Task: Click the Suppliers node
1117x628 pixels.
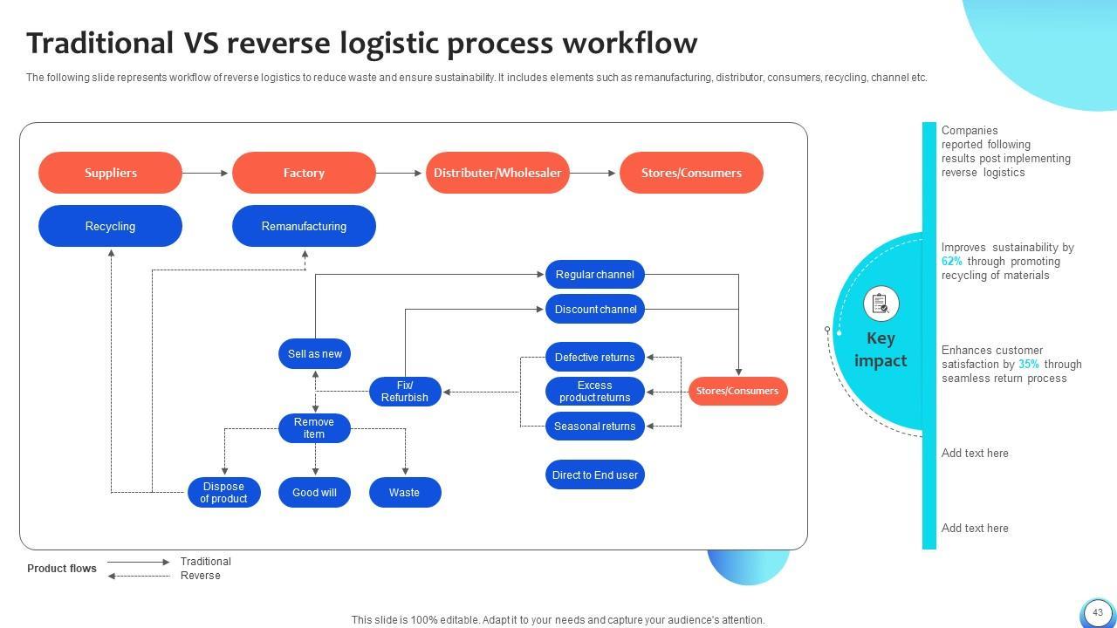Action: coord(110,173)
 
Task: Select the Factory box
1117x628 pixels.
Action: coord(304,173)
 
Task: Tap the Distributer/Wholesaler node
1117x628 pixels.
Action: coord(497,173)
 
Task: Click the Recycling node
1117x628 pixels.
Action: coord(110,226)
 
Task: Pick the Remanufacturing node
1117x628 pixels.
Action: coord(304,226)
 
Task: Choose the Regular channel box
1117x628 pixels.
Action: coord(594,275)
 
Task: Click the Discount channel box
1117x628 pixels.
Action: coord(594,310)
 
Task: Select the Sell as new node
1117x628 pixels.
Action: coord(314,354)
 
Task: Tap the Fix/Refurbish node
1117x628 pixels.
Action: coord(405,392)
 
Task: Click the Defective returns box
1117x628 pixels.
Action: coord(594,357)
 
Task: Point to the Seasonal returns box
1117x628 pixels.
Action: coord(594,427)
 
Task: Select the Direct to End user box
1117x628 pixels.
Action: coord(594,475)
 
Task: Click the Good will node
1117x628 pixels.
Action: coord(314,493)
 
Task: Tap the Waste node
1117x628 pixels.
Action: coord(405,493)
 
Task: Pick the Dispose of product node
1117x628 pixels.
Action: coord(223,493)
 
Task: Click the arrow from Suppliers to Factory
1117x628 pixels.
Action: coord(206,173)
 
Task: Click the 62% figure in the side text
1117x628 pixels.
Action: coord(951,262)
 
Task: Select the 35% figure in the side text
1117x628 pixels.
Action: coord(1028,365)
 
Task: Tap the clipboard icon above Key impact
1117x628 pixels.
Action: coord(881,304)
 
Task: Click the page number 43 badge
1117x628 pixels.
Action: coord(1097,612)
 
